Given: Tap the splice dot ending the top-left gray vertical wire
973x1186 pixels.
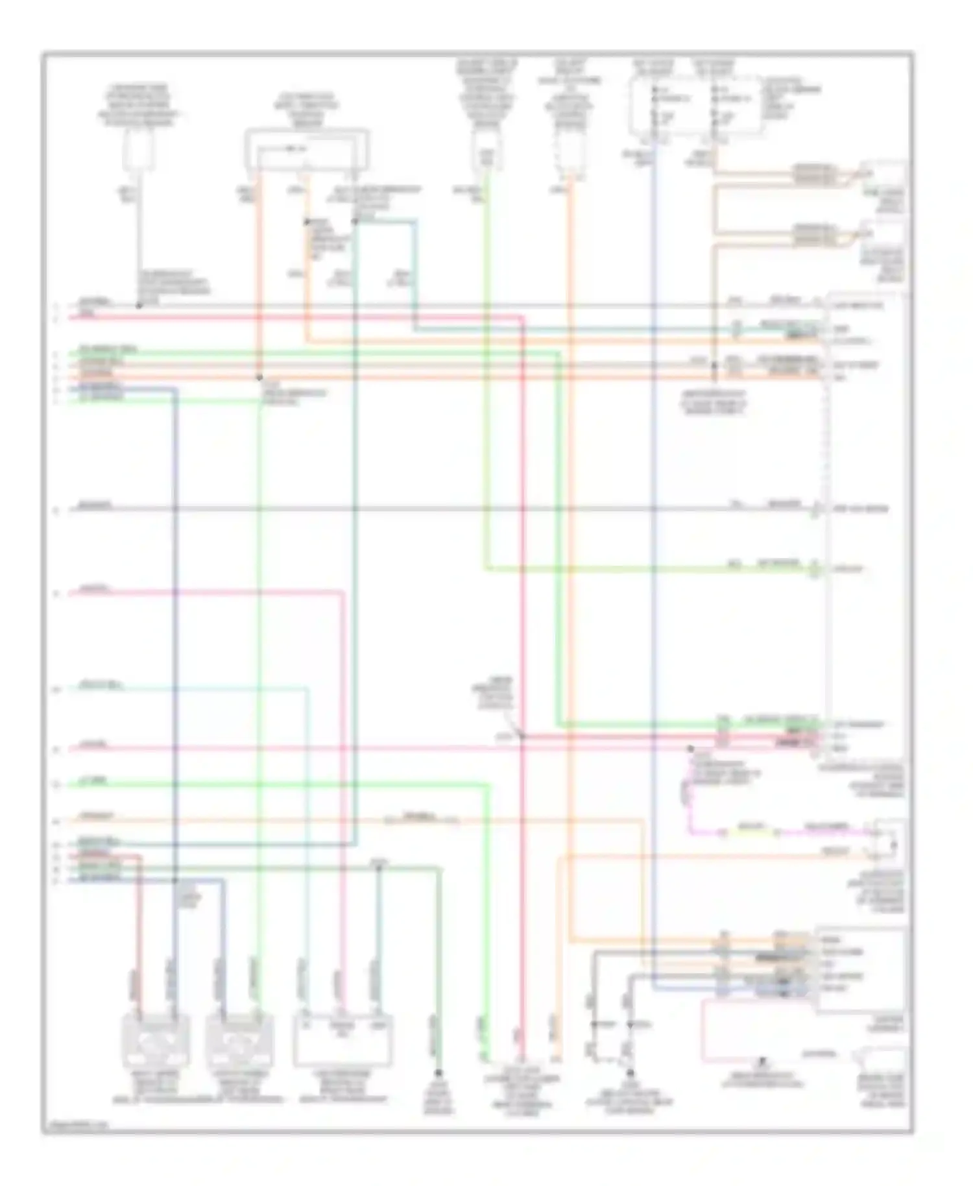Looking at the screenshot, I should pos(139,305).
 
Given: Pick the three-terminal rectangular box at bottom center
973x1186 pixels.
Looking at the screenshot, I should pos(342,1041).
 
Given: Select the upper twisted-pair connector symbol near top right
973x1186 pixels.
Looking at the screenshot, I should pos(815,174).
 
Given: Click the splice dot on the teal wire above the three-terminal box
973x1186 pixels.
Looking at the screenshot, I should pos(379,869).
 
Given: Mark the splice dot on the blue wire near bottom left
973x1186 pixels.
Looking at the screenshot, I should pos(175,880).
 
